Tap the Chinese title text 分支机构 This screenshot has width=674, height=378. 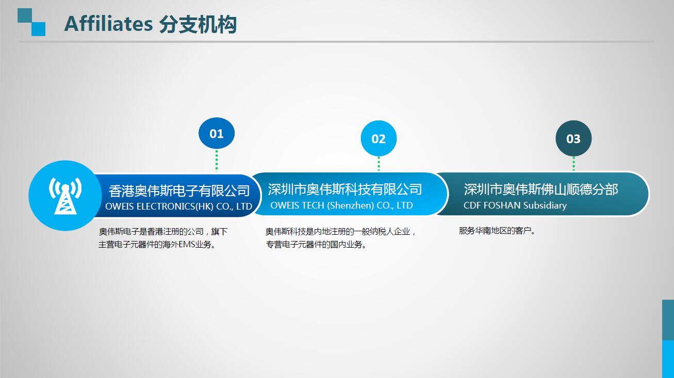[x=198, y=24]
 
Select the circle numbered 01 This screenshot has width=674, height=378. [x=217, y=133]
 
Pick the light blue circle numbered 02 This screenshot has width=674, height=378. [x=379, y=139]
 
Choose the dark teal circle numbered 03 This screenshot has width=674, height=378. [x=573, y=139]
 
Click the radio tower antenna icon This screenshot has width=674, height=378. [x=65, y=196]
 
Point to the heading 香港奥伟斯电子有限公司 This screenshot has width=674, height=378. [x=179, y=191]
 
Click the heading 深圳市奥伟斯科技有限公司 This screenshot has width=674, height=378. [x=344, y=190]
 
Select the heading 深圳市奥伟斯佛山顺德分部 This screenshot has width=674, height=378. [x=540, y=190]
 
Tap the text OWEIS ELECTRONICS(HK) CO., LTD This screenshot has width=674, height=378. [x=178, y=207]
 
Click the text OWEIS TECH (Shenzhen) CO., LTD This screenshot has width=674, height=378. [x=341, y=205]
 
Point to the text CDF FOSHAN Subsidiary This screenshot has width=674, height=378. [x=515, y=205]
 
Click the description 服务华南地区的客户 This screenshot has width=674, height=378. [x=497, y=231]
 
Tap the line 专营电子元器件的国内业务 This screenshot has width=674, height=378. [x=316, y=245]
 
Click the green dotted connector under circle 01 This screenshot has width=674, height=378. [x=217, y=160]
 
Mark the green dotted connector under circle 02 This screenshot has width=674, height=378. [x=379, y=163]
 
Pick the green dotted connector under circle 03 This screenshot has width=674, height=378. [x=573, y=163]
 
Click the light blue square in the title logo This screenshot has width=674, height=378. [x=38, y=29]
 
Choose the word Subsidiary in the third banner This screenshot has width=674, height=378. [x=545, y=205]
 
